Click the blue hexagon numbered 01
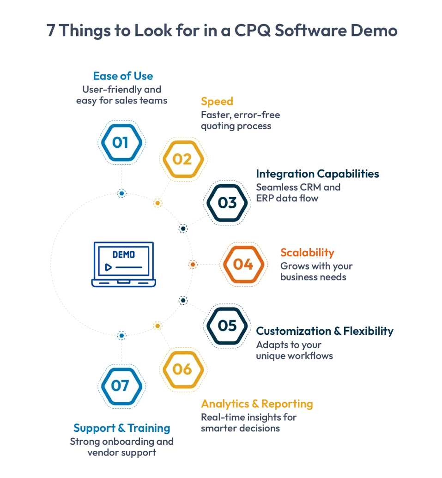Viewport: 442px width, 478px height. [x=121, y=142]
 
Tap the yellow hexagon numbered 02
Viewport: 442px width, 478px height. [x=182, y=159]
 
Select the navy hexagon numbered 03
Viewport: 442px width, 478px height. [x=227, y=203]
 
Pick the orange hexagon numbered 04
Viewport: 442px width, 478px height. [x=243, y=264]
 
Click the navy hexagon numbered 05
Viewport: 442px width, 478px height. [x=227, y=326]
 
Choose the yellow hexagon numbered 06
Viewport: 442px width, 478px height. [x=182, y=369]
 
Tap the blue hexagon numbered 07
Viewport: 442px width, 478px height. [x=121, y=386]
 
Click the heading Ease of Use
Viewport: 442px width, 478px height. [x=123, y=76]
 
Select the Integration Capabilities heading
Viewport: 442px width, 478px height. [x=318, y=174]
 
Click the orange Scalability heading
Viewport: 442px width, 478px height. [x=308, y=253]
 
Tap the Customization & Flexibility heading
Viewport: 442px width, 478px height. [x=325, y=331]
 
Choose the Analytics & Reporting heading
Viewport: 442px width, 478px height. [x=257, y=404]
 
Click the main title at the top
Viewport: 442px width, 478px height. [x=221, y=31]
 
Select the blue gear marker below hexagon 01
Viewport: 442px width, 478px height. [x=121, y=194]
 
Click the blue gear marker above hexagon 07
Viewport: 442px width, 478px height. [x=121, y=335]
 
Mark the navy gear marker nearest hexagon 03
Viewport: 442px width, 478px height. [x=183, y=228]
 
